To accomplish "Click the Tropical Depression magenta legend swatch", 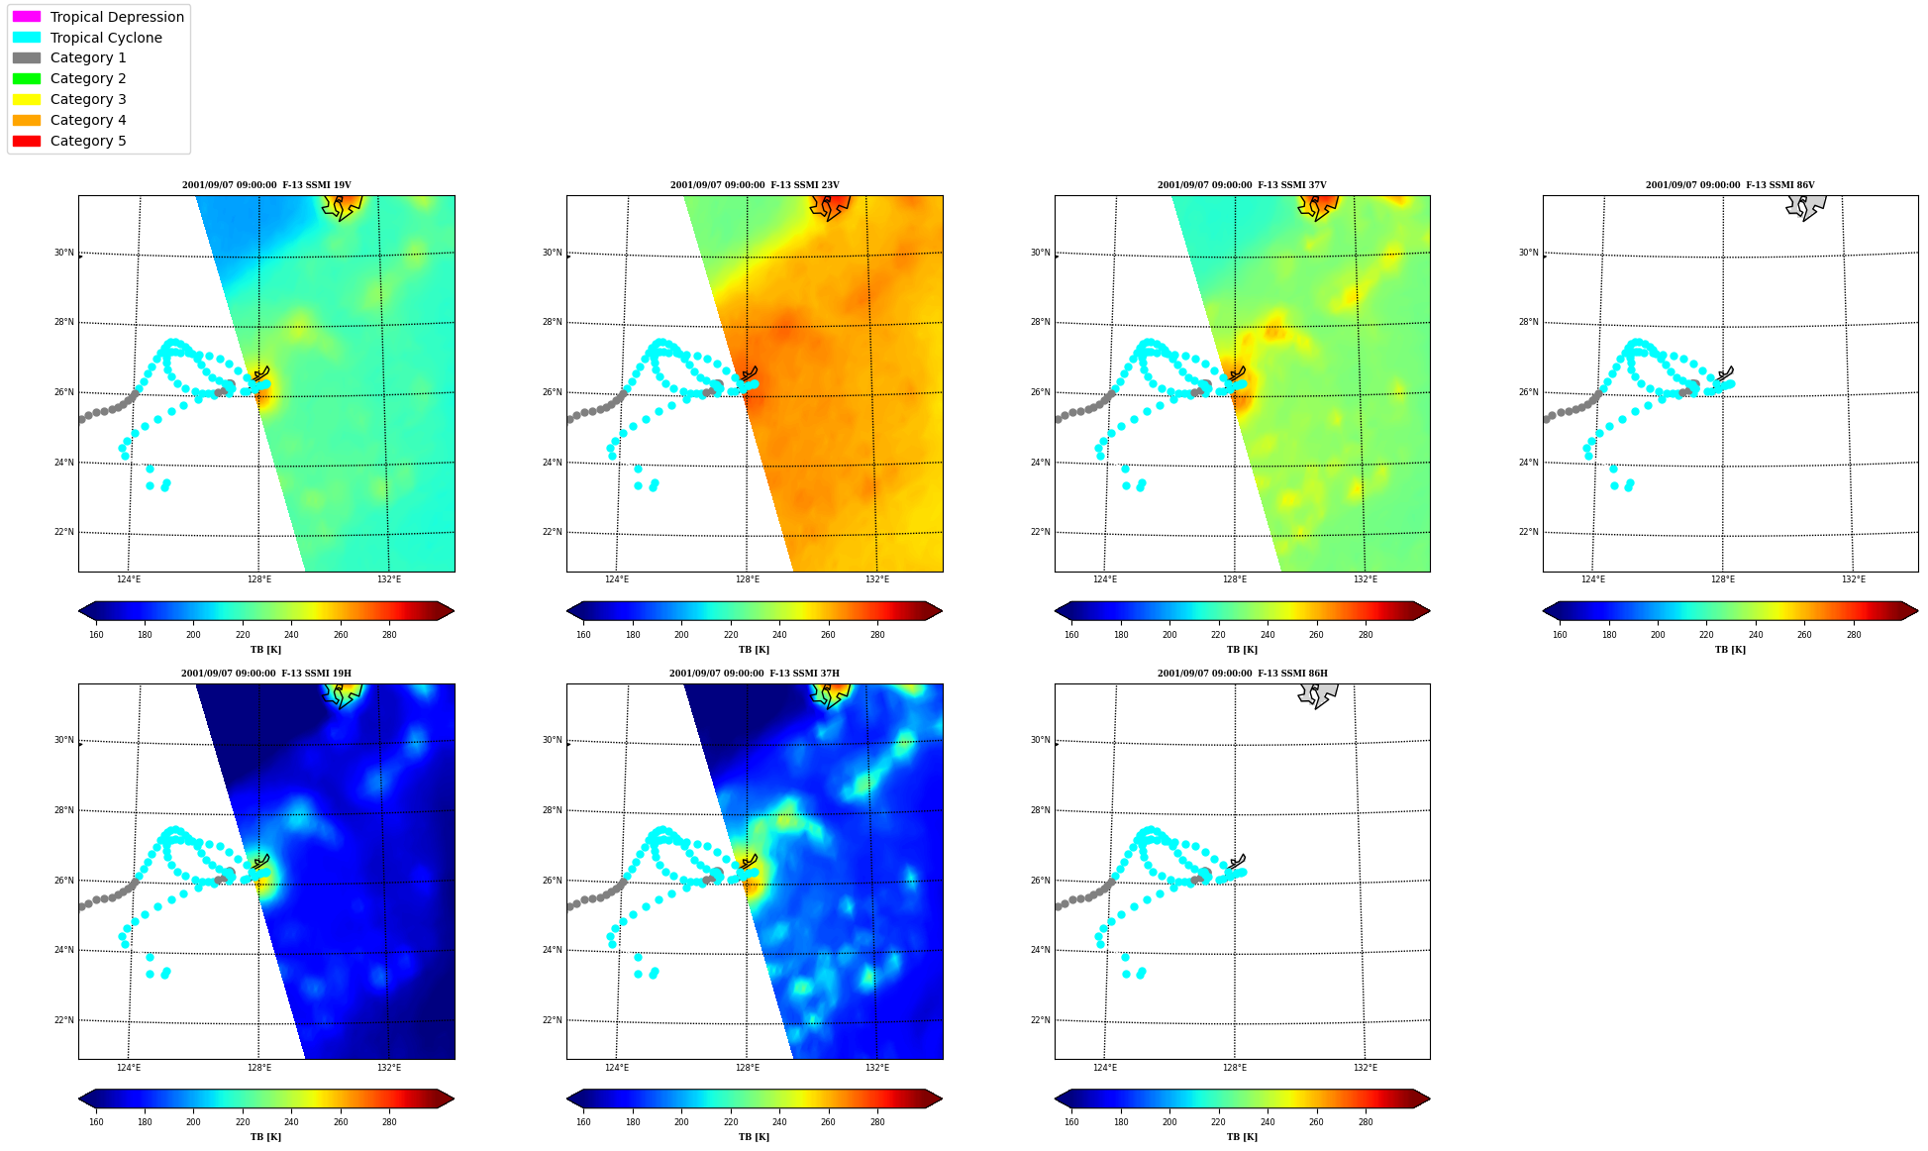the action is pyautogui.click(x=27, y=17).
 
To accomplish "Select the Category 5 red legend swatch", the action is pyautogui.click(x=27, y=141).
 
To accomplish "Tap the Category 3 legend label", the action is pyautogui.click(x=88, y=99).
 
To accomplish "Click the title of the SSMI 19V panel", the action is pyautogui.click(x=266, y=185).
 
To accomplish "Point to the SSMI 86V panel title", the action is pyautogui.click(x=1730, y=185).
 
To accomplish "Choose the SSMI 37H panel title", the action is pyautogui.click(x=755, y=674).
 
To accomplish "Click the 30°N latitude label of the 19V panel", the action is pyautogui.click(x=63, y=253).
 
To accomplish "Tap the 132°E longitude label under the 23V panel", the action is pyautogui.click(x=877, y=579).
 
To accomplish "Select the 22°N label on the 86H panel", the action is pyautogui.click(x=1040, y=1020).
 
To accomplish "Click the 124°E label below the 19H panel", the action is pyautogui.click(x=129, y=1068).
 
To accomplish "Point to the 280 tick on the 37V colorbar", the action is pyautogui.click(x=1366, y=635).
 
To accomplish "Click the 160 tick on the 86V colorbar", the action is pyautogui.click(x=1560, y=635).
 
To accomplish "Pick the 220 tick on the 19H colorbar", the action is pyautogui.click(x=243, y=1122).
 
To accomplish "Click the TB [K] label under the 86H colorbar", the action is pyautogui.click(x=1242, y=1137).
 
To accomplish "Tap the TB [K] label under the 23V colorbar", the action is pyautogui.click(x=754, y=650).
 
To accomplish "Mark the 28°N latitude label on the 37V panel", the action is pyautogui.click(x=1040, y=322).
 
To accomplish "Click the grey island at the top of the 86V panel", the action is pyautogui.click(x=1804, y=205).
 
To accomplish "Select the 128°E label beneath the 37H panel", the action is pyautogui.click(x=748, y=1068).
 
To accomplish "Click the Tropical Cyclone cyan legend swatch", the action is pyautogui.click(x=27, y=38).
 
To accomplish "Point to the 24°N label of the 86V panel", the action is pyautogui.click(x=1528, y=463).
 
